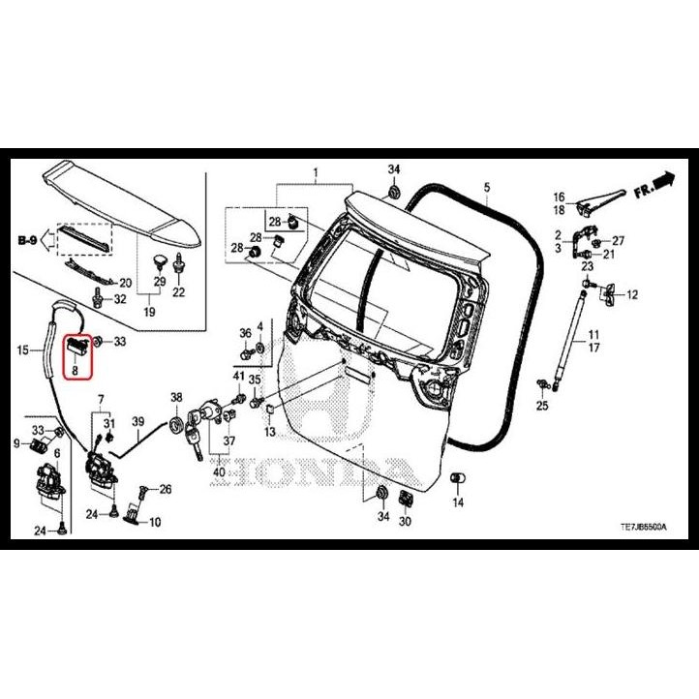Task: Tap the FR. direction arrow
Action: tap(653, 184)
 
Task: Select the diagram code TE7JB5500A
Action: tap(644, 526)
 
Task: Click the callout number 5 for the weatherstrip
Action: tap(487, 186)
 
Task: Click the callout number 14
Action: tap(458, 502)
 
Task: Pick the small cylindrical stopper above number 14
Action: tap(458, 478)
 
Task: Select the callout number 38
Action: tap(176, 398)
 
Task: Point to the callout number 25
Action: tap(542, 405)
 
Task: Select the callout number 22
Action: tap(178, 292)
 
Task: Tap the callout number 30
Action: tap(405, 521)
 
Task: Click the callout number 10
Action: tap(155, 522)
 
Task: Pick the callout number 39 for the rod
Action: tap(137, 421)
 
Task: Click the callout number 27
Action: tap(619, 240)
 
